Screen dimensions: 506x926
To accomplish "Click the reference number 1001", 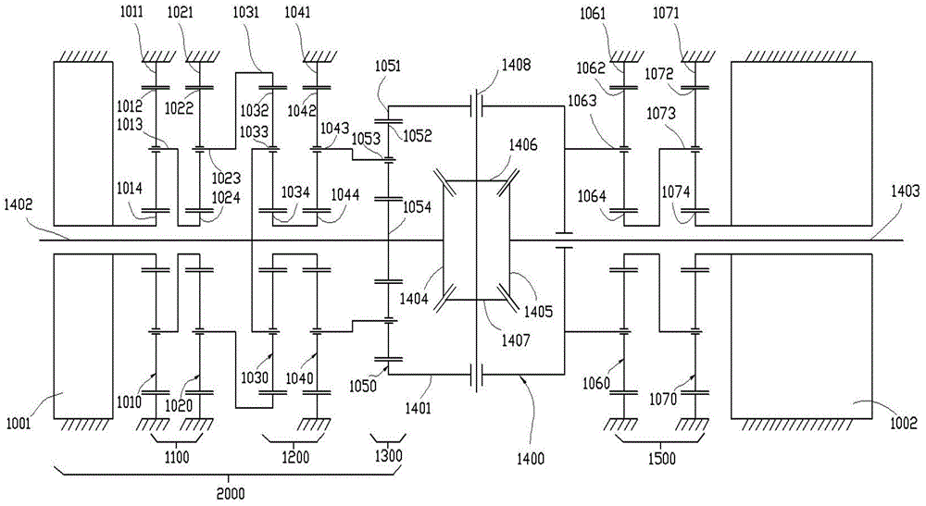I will [19, 425].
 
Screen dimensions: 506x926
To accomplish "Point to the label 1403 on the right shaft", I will [906, 191].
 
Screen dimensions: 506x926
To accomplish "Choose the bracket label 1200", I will [295, 456].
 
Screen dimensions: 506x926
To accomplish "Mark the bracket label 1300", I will [389, 456].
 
